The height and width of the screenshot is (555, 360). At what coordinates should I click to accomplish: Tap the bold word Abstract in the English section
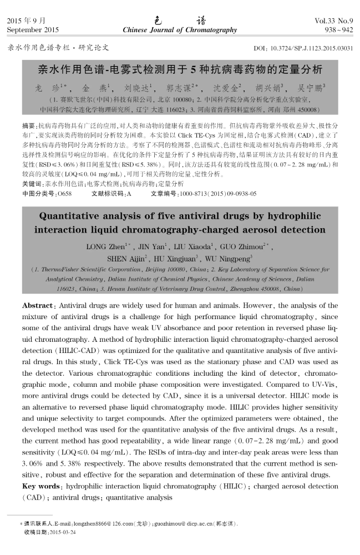37,306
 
